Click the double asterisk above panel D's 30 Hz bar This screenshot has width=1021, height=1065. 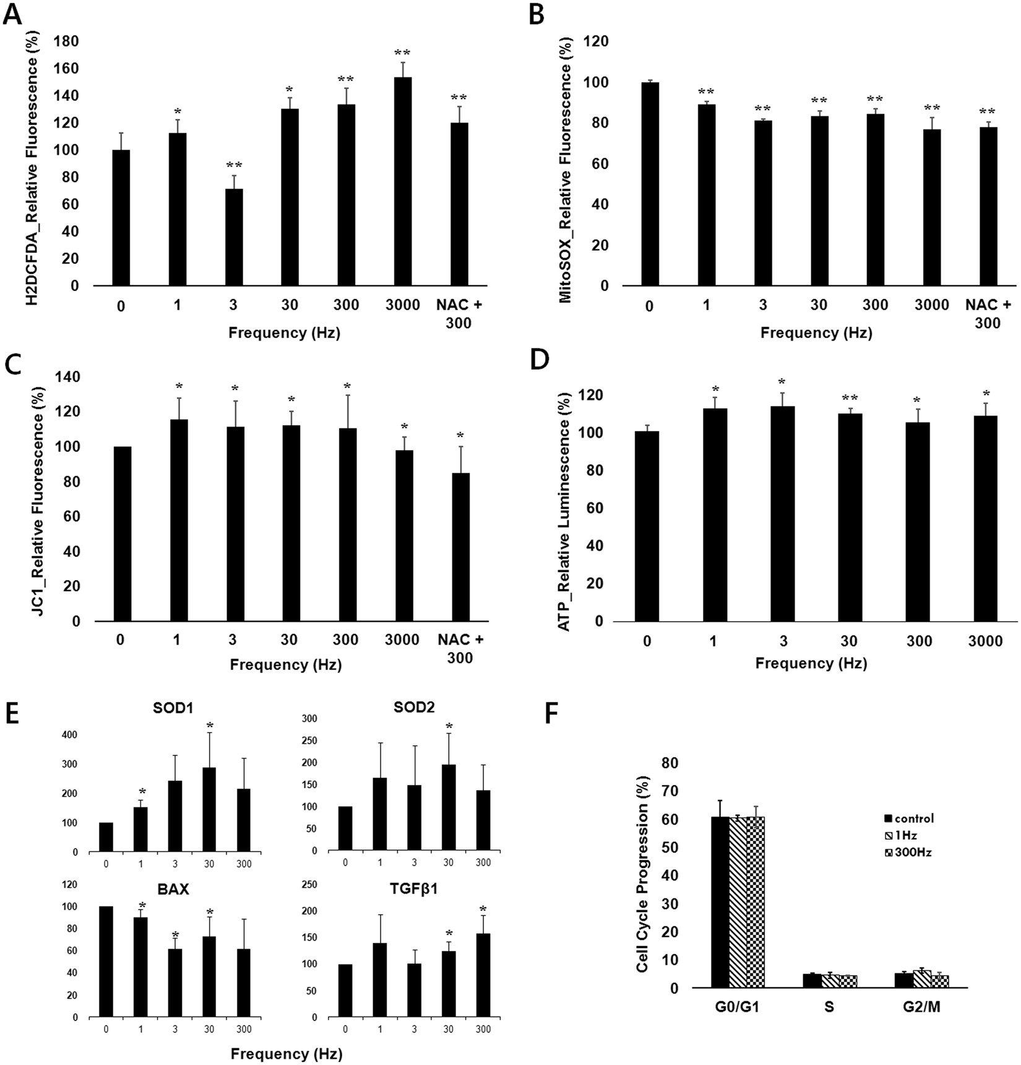850,398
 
